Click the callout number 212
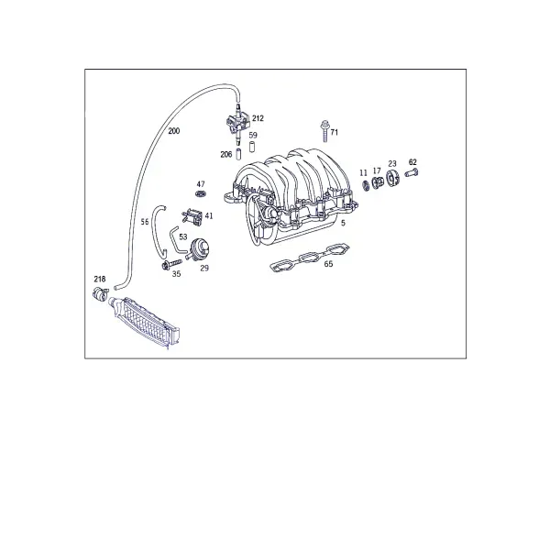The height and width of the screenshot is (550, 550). click(258, 118)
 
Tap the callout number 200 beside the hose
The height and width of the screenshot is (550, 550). click(173, 131)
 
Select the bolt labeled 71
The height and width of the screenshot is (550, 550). click(324, 131)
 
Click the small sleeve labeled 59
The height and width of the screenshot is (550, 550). click(251, 147)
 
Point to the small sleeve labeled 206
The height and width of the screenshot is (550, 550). click(239, 154)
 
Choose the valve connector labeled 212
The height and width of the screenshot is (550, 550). click(237, 124)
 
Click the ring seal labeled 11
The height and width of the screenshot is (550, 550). click(366, 185)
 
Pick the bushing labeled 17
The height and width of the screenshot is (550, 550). click(378, 182)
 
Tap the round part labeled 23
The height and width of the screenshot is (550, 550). click(392, 178)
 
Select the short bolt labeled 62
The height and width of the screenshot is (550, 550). click(412, 172)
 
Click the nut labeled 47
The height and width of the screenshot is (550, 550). click(200, 193)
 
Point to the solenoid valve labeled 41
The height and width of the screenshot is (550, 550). click(192, 215)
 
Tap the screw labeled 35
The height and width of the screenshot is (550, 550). click(171, 265)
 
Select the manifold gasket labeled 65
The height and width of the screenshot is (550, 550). click(310, 258)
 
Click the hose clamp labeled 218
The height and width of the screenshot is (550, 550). click(100, 293)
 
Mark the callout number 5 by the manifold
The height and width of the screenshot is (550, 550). click(343, 223)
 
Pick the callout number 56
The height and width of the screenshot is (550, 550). click(145, 222)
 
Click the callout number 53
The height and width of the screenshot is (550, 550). click(183, 236)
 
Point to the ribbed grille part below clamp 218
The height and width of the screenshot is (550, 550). click(145, 322)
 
